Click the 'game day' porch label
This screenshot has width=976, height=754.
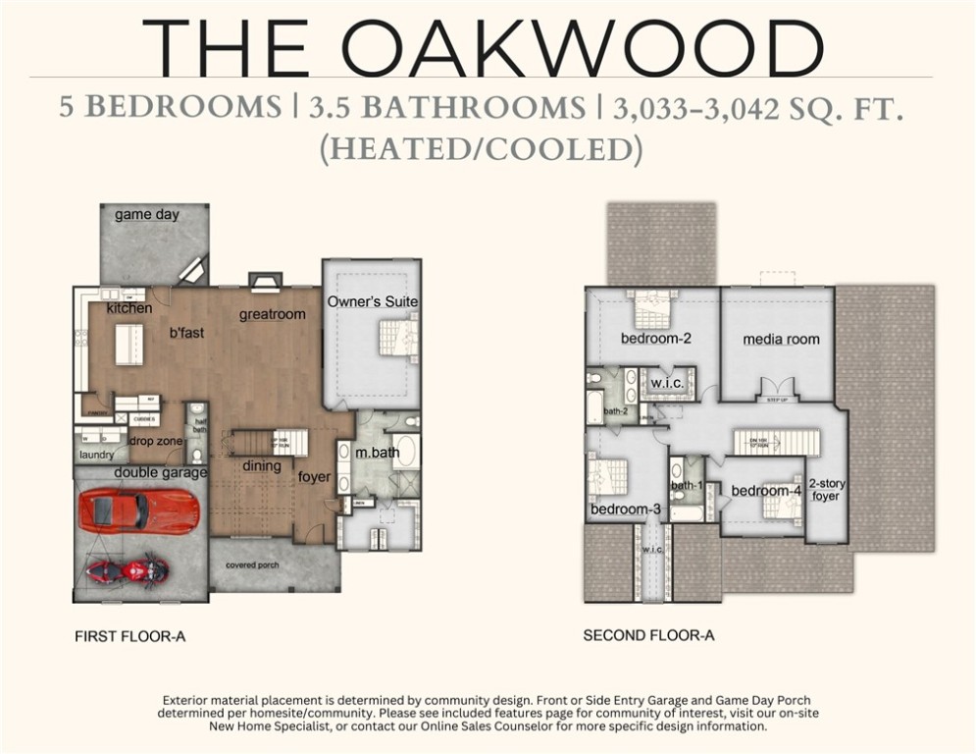click(x=146, y=214)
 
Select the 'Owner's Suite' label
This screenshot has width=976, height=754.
click(x=373, y=301)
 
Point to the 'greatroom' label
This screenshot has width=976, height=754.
click(x=273, y=314)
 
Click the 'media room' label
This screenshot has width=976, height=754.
click(x=781, y=340)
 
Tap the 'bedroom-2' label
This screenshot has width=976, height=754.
click(x=656, y=339)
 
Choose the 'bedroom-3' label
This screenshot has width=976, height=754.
click(x=625, y=510)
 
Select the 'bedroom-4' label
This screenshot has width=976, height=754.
click(x=766, y=490)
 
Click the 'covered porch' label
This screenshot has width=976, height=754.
click(x=252, y=565)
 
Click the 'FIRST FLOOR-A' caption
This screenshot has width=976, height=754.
click(x=129, y=636)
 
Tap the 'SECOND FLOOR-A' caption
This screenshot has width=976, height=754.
click(x=648, y=635)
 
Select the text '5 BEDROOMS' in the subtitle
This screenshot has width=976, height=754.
click(x=170, y=106)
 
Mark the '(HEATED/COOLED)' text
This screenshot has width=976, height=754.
click(x=481, y=149)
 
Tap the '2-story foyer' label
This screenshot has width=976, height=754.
click(x=826, y=490)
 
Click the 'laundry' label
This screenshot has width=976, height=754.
click(x=97, y=455)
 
